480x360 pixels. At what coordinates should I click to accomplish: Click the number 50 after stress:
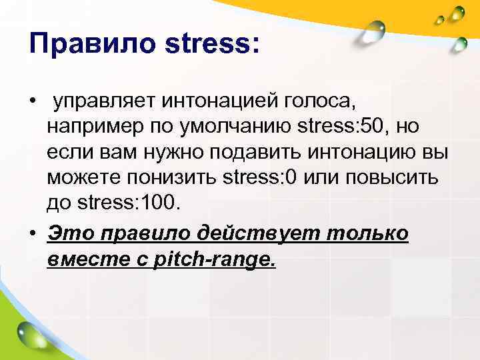365,127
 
